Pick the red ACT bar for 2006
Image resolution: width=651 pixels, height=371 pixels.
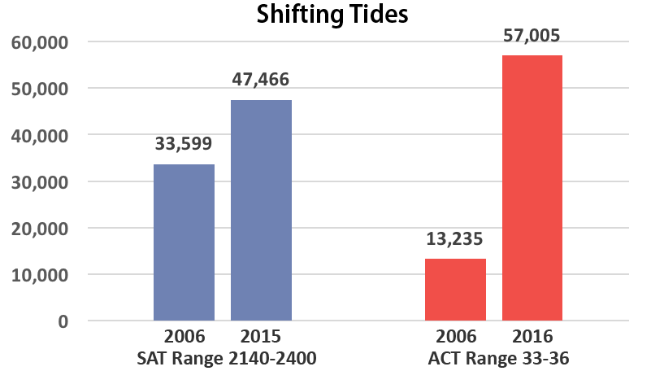tap(455, 290)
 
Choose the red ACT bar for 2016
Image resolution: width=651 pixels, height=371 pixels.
tap(532, 188)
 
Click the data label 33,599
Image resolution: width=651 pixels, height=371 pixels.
tap(184, 145)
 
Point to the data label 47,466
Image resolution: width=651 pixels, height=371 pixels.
tap(261, 80)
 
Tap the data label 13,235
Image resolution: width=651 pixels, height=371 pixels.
tap(455, 239)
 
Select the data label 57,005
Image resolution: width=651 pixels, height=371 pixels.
tap(532, 36)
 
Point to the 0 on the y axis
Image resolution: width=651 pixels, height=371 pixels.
tap(62, 321)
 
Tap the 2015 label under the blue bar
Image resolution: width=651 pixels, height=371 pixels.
tap(261, 336)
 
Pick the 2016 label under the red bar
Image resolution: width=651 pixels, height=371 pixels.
tap(532, 336)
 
